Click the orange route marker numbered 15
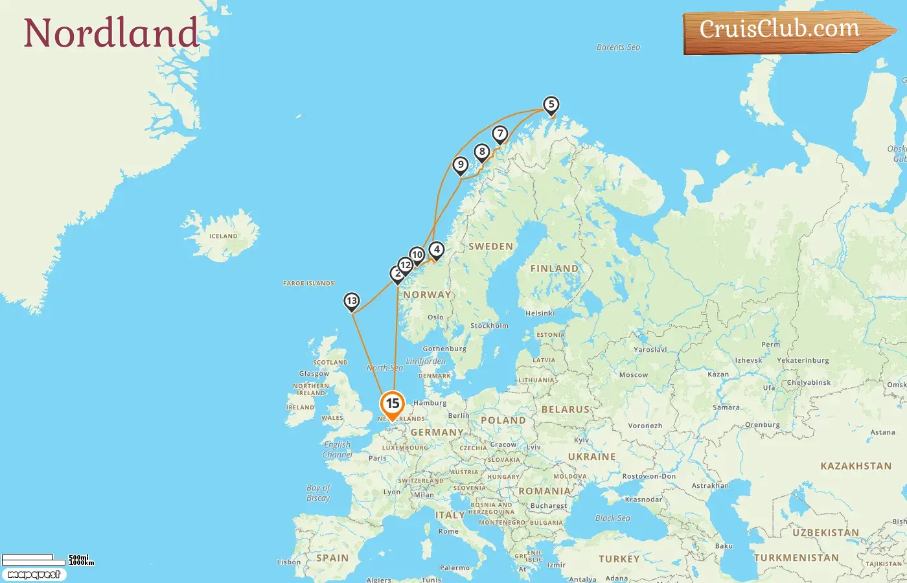392,404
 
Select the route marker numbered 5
551,104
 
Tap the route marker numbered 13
352,301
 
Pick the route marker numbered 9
461,165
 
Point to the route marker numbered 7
499,133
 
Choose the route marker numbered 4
437,249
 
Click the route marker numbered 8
481,152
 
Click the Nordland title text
111,33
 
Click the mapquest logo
34,575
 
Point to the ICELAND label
223,236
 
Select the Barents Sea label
618,47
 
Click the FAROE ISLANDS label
308,283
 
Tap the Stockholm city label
489,326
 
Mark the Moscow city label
633,375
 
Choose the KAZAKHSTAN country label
856,466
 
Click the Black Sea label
612,518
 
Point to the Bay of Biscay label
318,493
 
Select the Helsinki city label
540,314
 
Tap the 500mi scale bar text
78,557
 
